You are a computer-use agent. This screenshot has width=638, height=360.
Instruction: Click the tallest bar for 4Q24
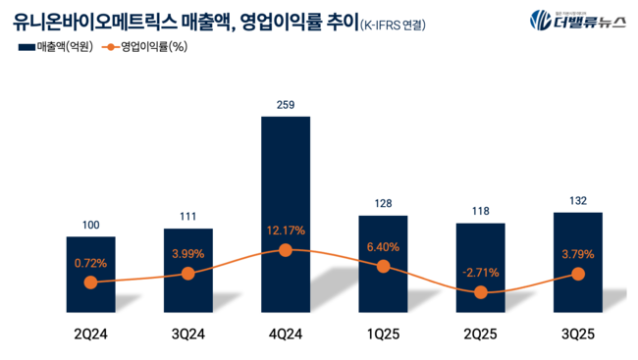[286, 177]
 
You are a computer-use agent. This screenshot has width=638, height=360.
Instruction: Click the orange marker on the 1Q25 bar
[383, 266]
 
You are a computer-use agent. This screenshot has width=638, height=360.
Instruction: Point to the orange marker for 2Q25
[481, 292]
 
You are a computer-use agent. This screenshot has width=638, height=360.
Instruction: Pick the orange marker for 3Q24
[188, 274]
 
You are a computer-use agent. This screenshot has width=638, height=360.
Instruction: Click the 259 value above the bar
[286, 105]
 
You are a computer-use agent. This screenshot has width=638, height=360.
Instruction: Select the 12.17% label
[286, 231]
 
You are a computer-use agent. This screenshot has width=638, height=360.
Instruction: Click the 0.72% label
[90, 263]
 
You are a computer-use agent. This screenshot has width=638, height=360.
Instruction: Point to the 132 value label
[578, 200]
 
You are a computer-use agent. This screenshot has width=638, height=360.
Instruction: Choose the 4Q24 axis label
[286, 334]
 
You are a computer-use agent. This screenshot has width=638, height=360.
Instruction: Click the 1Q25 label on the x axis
[383, 334]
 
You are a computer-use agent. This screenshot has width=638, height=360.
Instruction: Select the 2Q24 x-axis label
[90, 334]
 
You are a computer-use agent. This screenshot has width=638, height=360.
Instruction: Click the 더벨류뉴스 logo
[577, 20]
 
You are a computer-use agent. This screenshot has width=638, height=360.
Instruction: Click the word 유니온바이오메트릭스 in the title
[98, 20]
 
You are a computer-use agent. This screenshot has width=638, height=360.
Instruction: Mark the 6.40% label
[383, 247]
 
